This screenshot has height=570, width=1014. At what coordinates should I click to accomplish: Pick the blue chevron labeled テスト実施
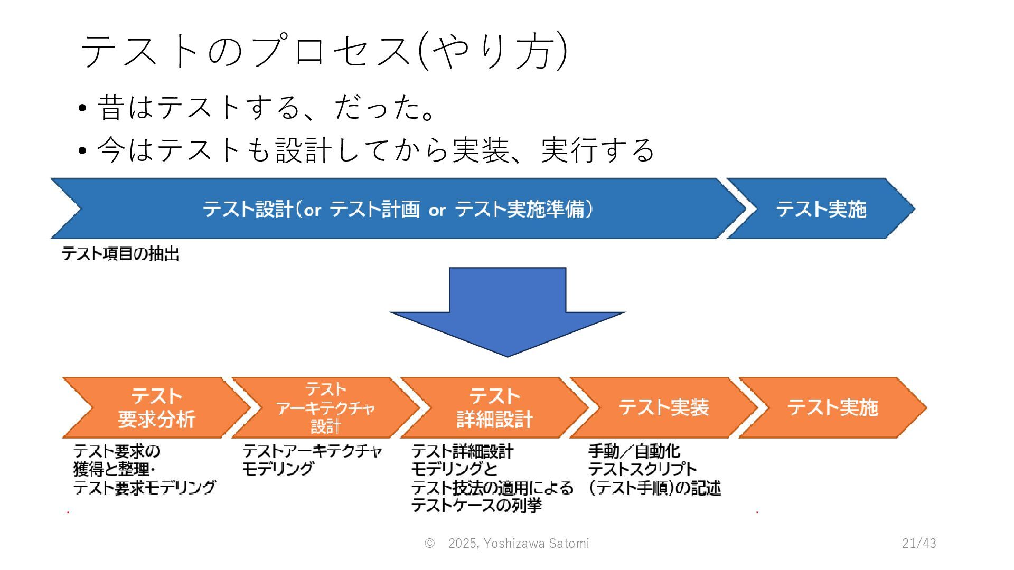[x=821, y=209]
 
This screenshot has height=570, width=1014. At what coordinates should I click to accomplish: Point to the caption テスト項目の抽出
[x=121, y=254]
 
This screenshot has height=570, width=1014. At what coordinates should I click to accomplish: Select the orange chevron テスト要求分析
[x=156, y=407]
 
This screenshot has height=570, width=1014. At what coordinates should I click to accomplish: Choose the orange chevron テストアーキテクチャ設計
[x=325, y=407]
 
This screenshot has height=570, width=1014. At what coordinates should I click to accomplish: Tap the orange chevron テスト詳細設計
[x=494, y=407]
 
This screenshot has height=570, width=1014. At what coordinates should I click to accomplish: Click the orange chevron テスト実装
[x=663, y=407]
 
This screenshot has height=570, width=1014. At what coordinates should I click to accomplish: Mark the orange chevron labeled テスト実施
[x=832, y=407]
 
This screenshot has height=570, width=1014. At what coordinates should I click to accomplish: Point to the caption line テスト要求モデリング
[x=145, y=487]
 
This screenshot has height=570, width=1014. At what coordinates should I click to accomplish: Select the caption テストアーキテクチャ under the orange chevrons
[x=312, y=451]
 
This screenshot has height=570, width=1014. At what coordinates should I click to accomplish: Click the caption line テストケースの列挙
[x=477, y=505]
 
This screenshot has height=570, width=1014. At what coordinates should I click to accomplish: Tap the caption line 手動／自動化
[x=634, y=451]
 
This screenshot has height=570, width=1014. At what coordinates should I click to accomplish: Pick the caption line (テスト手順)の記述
[x=655, y=488]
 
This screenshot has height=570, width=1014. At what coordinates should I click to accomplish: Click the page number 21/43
[x=919, y=543]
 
